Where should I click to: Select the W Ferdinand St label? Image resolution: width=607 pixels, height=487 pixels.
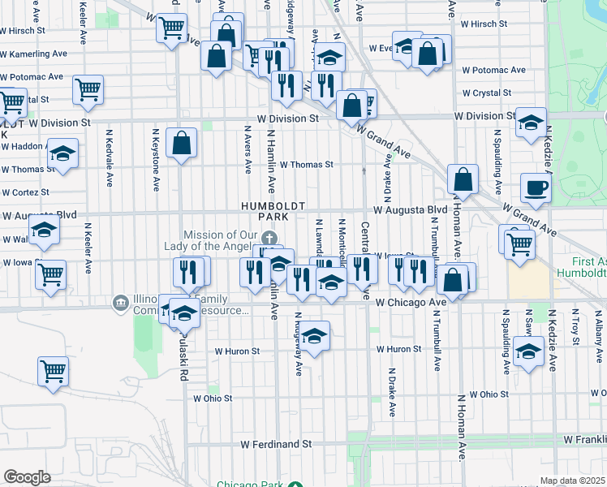click(x=277, y=444)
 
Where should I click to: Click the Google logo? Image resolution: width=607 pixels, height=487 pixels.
click(x=27, y=476)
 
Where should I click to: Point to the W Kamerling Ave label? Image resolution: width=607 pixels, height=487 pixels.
click(x=33, y=54)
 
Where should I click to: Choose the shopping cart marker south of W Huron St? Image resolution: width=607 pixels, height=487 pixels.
click(x=53, y=372)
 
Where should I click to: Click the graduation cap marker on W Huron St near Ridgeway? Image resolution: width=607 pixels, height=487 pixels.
click(x=315, y=334)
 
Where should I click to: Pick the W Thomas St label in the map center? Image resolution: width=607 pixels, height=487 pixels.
click(x=307, y=164)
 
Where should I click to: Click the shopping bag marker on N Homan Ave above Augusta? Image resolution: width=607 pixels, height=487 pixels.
click(x=463, y=179)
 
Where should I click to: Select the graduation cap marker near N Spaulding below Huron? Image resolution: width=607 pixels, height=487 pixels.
click(x=528, y=354)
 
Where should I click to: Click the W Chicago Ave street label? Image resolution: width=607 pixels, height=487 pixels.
click(x=411, y=302)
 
